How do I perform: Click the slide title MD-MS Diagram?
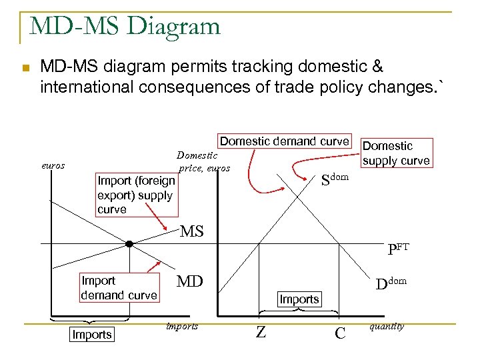125,26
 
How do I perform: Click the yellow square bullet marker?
25,69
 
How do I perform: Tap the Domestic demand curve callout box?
285,141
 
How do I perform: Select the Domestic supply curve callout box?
396,153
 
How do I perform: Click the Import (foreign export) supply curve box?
136,195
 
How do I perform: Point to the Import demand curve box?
119,288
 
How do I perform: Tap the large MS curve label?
192,231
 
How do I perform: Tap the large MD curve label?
189,281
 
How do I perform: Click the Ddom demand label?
390,283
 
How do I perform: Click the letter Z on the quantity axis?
261,332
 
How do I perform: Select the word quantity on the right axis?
386,326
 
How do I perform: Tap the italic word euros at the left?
53,165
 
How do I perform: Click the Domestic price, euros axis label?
203,161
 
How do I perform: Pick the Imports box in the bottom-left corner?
91,335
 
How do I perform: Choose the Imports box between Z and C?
299,299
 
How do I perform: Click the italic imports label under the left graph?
181,326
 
